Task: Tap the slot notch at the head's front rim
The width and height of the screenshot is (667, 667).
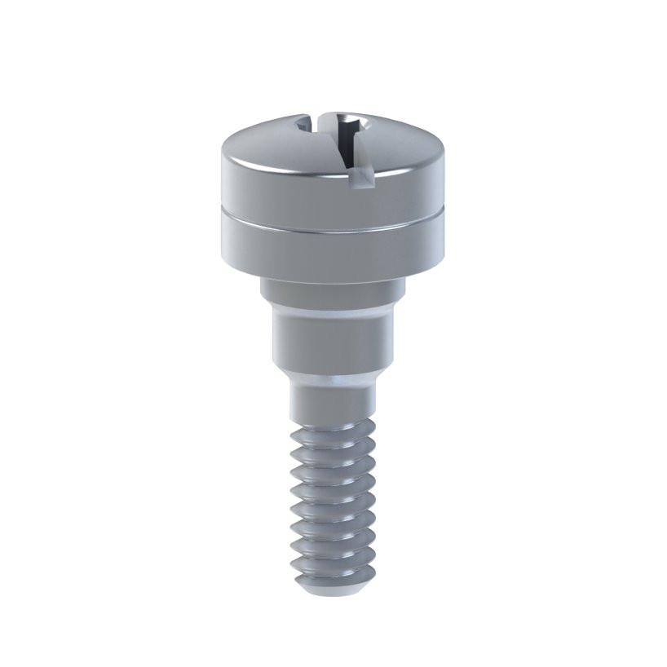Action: coord(356,172)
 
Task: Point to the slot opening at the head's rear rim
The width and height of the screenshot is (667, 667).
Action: coord(306,124)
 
